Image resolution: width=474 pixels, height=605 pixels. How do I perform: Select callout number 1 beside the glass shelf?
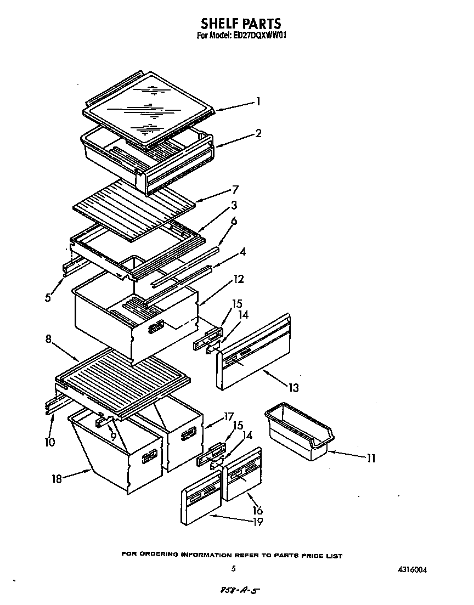pos(258,101)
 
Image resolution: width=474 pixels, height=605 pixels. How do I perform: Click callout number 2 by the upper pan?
pos(258,133)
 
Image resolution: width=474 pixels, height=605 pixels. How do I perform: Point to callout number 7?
pos(235,190)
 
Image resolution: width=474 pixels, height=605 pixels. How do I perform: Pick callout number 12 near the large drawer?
pos(239,279)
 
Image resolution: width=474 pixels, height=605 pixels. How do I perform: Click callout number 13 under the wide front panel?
pos(294,388)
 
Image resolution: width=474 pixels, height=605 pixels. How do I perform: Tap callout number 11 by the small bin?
pos(371,458)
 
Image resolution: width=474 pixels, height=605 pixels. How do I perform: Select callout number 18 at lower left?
pos(57,478)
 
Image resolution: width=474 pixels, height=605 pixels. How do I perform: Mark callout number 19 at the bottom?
pos(256,522)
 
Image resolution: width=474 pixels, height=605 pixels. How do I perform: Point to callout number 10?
pos(50,442)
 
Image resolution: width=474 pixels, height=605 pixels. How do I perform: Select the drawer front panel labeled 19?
pos(201,499)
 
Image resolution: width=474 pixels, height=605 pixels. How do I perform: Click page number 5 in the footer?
pos(234,569)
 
